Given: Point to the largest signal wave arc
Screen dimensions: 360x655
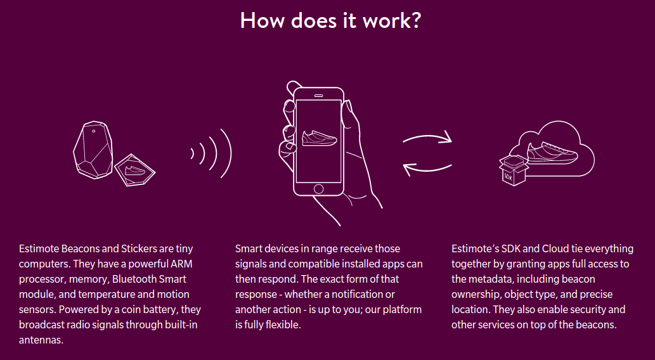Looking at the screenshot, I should click(225, 153).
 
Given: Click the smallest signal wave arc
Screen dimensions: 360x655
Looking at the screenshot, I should click(193, 153).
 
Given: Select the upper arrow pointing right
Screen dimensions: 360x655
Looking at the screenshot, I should click(427, 138).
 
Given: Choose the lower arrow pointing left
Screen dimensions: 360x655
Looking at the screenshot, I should click(427, 167).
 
